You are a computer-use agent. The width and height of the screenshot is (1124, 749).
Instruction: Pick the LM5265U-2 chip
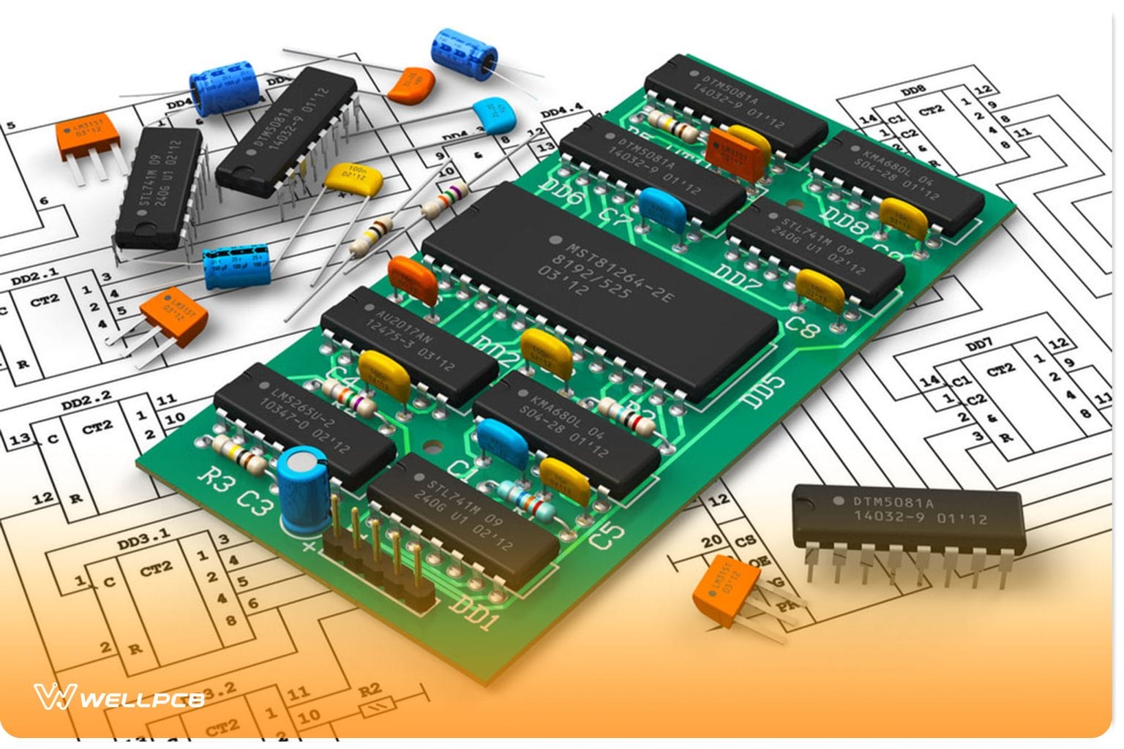point(304,424)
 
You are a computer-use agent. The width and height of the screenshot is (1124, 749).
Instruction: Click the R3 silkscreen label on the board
point(217,478)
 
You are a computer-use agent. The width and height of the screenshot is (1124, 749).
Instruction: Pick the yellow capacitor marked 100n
point(354,178)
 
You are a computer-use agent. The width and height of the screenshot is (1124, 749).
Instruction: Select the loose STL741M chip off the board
point(157,187)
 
